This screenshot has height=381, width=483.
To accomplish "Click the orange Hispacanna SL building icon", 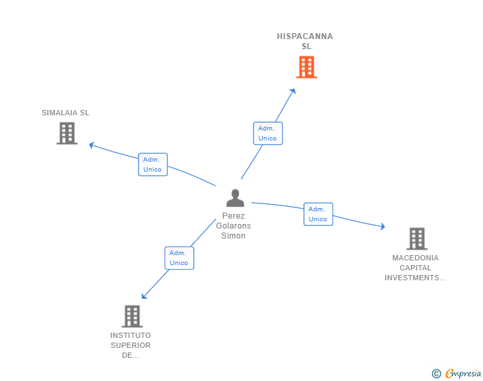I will click(306, 67).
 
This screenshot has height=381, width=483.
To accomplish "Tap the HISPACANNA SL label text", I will click(305, 41).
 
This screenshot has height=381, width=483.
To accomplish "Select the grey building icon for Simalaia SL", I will click(66, 133).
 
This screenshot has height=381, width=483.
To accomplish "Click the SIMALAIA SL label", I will click(66, 113).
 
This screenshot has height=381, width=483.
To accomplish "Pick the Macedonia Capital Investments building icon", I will click(416, 239).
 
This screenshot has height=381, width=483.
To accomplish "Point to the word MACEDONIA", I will click(415, 258).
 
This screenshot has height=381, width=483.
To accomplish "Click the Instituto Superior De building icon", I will click(132, 316).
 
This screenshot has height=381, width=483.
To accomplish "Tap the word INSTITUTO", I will click(131, 335).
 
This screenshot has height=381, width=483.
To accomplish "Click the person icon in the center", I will click(235, 198).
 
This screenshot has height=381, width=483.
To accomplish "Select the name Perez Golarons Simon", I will click(234, 226).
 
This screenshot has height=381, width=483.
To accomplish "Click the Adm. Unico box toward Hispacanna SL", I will click(267, 133).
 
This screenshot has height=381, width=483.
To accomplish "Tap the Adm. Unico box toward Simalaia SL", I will click(153, 164).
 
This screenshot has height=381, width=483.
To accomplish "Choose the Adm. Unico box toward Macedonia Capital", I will click(318, 214).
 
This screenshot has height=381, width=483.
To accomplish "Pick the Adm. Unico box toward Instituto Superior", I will click(179, 258).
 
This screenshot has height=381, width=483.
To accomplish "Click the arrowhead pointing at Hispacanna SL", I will click(293, 91).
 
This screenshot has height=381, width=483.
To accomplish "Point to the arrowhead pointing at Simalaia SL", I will click(92, 144).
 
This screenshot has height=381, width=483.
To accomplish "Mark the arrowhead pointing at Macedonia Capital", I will click(381, 227).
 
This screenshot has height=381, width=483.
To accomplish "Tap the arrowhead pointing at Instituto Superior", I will click(144, 296).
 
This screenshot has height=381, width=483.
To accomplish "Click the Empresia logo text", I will click(463, 374).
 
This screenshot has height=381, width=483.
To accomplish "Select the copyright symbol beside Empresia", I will click(437, 374).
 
